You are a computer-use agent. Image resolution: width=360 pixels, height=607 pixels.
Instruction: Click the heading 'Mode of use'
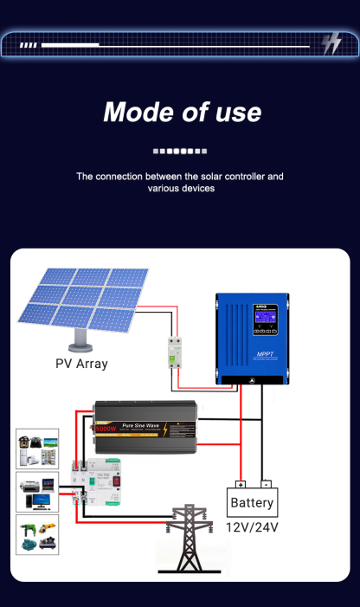click(182, 113)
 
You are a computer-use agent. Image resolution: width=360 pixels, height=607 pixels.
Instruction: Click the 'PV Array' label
click(81, 364)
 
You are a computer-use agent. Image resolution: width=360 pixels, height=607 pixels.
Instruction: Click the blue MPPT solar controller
click(252, 339)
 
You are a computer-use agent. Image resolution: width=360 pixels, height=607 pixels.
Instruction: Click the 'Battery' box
click(253, 502)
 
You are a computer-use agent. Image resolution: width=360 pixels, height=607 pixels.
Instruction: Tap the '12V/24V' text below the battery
click(253, 527)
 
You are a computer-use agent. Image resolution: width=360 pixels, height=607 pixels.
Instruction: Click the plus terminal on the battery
click(241, 484)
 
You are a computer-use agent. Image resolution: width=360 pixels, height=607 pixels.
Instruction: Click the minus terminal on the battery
click(266, 484)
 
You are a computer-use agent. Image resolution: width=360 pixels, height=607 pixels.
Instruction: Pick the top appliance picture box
click(37, 449)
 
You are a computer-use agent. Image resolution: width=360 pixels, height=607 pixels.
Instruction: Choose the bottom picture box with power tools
click(37, 535)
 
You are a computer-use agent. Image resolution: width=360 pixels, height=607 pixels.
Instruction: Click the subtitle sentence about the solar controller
click(180, 182)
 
